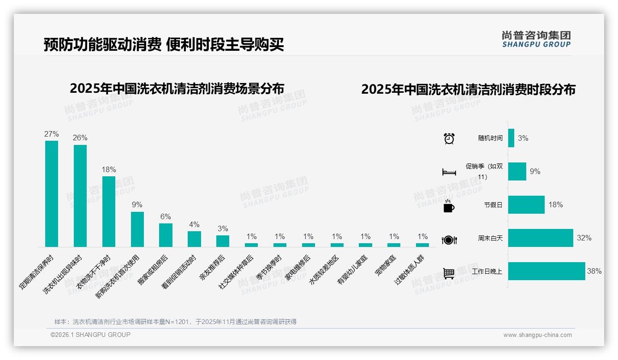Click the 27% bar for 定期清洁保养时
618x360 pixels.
pos(52,193)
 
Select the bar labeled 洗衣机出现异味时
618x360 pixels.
pos(80,196)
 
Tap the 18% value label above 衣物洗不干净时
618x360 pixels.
pos(109,170)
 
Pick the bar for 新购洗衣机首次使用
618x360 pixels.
pos(137,229)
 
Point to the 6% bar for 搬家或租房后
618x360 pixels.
pos(166,235)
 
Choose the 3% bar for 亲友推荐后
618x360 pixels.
pos(223,241)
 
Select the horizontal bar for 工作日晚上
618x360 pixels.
pos(547,271)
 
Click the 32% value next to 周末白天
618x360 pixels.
pos(584,238)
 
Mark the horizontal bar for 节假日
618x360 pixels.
pos(526,205)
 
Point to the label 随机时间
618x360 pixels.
pos(490,138)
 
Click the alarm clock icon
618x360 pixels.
pos(449,138)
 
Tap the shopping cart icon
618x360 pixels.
pos(449,273)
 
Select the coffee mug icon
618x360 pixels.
pos(448,206)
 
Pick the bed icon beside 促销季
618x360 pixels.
pos(449,172)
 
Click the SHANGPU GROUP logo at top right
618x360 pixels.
pos(536,39)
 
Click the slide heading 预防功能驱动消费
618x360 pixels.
pos(102,44)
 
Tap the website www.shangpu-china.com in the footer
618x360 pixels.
pos(537,335)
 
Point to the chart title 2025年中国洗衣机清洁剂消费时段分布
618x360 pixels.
pos(468,90)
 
